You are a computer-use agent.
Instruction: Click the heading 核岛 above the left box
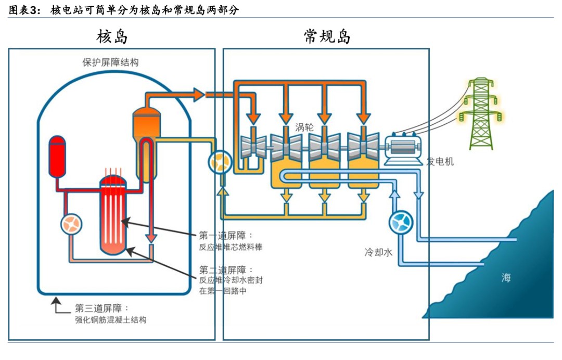pyautogui.click(x=112, y=36)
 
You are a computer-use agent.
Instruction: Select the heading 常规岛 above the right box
pyautogui.click(x=327, y=36)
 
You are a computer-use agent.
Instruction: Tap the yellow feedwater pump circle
pyautogui.click(x=220, y=162)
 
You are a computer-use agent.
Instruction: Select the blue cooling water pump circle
pyautogui.click(x=401, y=222)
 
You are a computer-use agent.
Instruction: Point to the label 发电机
pyautogui.click(x=440, y=161)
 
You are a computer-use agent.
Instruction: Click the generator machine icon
pyautogui.click(x=403, y=148)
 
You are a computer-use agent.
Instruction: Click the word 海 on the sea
pyautogui.click(x=506, y=277)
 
